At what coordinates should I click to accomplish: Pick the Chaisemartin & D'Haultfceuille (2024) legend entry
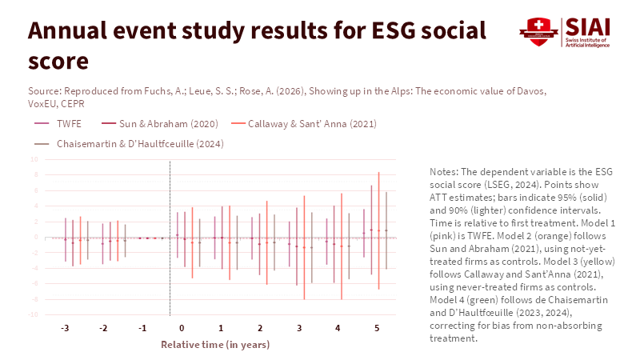click(x=139, y=144)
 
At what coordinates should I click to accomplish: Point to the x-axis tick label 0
click(x=182, y=329)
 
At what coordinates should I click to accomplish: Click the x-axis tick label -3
click(x=64, y=329)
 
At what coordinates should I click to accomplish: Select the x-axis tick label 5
click(x=377, y=329)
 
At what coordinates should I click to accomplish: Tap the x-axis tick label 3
click(x=299, y=329)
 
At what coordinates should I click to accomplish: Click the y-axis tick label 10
click(x=34, y=158)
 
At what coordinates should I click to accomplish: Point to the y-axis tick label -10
click(x=34, y=314)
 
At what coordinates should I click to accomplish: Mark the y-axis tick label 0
click(x=36, y=237)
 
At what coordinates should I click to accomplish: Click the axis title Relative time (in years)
click(x=215, y=345)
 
